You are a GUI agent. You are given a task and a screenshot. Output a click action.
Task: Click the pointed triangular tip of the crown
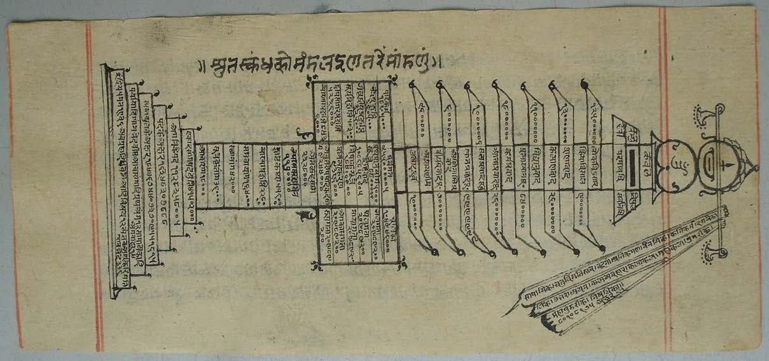point(755,167)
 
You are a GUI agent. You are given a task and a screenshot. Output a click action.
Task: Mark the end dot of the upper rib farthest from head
point(412,83)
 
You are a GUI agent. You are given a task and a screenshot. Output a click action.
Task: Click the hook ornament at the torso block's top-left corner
point(309,80)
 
